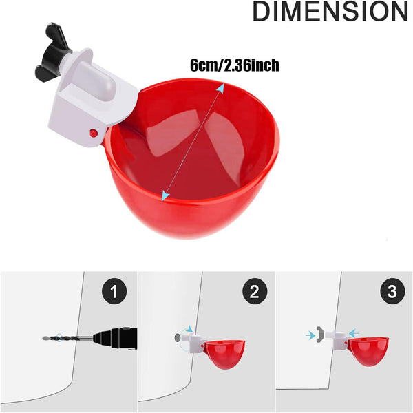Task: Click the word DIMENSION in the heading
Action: tap(329, 13)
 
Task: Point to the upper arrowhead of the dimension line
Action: tap(220, 88)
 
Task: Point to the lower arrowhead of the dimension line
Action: tap(165, 196)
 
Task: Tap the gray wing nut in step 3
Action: tap(321, 334)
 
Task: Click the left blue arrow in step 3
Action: tap(310, 335)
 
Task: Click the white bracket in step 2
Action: tap(195, 341)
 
